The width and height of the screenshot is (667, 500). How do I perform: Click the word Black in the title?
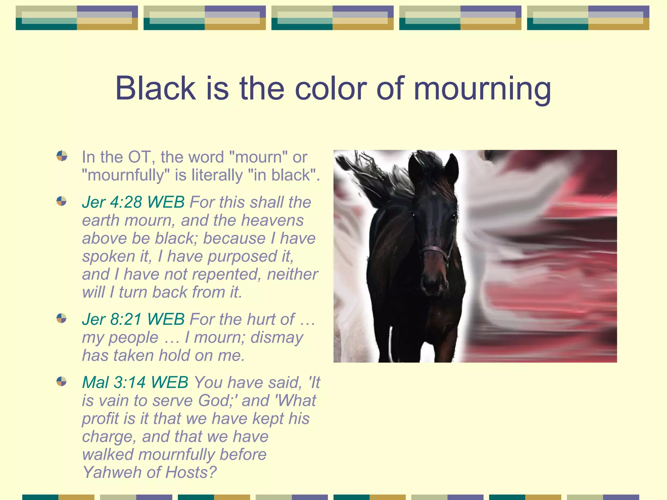(x=155, y=89)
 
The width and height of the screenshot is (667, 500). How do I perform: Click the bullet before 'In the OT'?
(x=62, y=156)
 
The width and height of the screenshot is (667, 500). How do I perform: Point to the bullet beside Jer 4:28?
(x=62, y=201)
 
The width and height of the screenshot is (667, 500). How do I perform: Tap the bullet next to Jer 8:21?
(x=62, y=318)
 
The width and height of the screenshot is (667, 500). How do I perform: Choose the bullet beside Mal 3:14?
(x=62, y=381)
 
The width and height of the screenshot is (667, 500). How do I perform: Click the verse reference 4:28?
(x=126, y=202)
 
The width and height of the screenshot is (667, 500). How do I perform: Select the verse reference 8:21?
(x=126, y=319)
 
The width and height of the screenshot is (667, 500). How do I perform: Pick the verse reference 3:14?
(x=130, y=382)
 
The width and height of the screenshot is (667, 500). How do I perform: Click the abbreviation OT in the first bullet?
(x=139, y=157)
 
